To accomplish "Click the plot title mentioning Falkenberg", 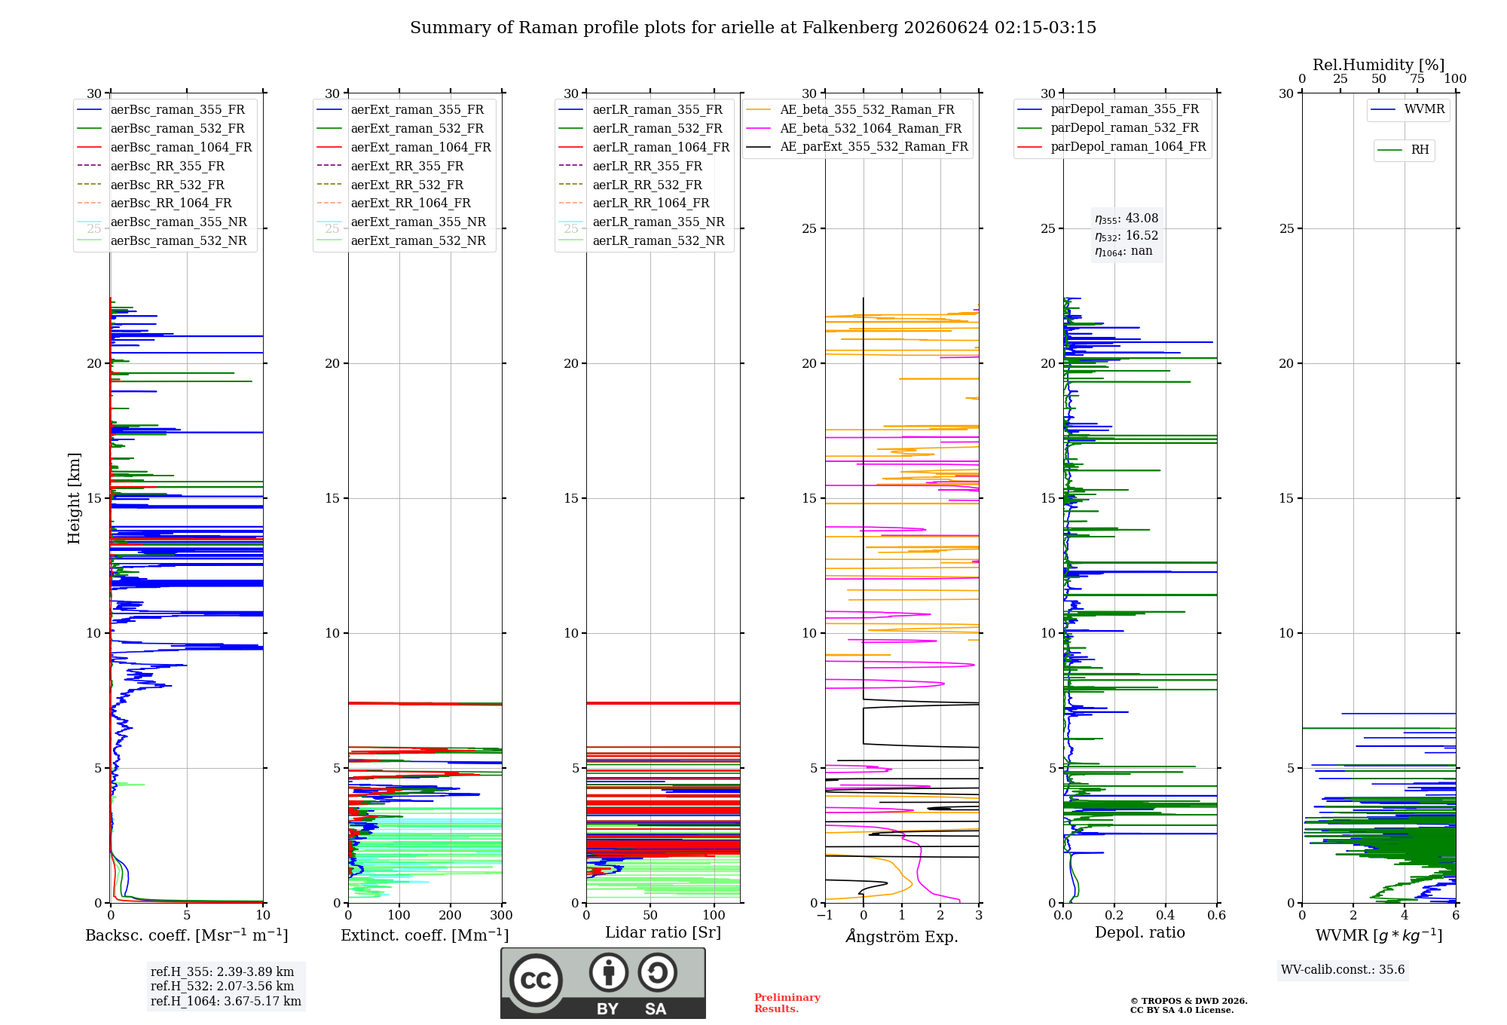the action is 753,28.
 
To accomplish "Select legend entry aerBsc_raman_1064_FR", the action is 181,147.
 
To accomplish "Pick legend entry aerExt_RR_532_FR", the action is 407,185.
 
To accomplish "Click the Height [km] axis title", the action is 74,498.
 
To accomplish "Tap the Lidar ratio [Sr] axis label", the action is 663,932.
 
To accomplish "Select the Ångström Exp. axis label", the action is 902,936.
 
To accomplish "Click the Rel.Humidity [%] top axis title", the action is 1379,65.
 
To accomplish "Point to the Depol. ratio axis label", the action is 1140,932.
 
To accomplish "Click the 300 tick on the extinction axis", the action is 501,915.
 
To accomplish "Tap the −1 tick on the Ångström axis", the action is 825,915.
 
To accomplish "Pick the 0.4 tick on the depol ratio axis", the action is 1166,915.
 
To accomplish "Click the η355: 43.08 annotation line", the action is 1126,219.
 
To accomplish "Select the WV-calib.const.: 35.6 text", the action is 1343,969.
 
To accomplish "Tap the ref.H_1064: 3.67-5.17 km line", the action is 226,1001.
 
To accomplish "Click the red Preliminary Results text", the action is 787,1003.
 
